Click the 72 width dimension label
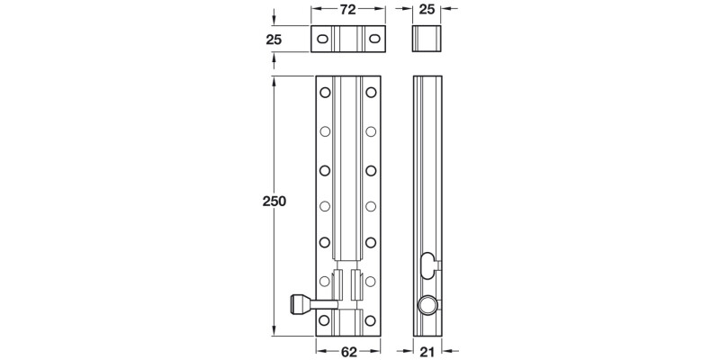tap(348, 10)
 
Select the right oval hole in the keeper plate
tap(373, 40)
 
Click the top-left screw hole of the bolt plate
tap(325, 93)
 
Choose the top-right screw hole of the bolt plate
tap(370, 93)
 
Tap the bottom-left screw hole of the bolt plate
tap(325, 319)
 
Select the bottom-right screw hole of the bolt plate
tap(370, 319)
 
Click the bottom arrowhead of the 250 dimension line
tap(274, 332)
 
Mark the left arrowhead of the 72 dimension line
tap(315, 10)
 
